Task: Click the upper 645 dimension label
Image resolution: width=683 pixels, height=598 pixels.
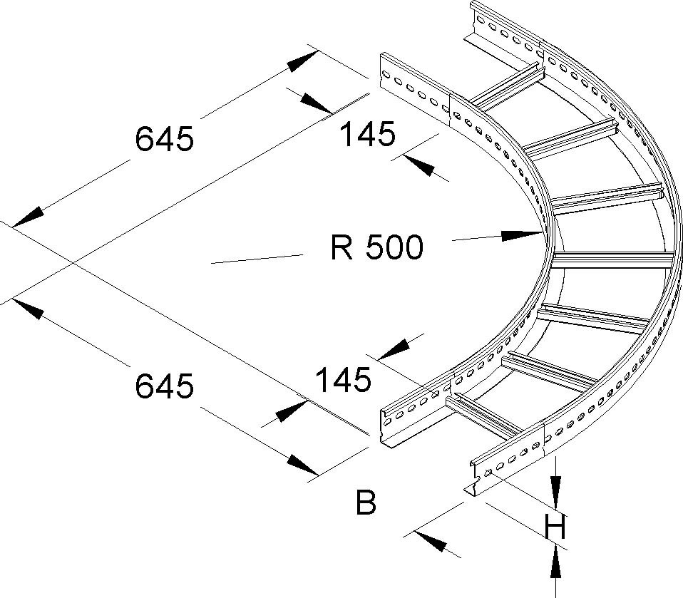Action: pos(164,139)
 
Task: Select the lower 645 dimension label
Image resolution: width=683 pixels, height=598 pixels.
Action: pos(164,386)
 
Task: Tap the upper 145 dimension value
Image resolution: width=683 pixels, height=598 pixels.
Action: pos(366,134)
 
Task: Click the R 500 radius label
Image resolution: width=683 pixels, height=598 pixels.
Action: pos(377,247)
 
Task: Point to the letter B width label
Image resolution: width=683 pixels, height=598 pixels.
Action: pos(365,503)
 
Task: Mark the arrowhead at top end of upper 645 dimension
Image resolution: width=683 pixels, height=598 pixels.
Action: pos(303,60)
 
